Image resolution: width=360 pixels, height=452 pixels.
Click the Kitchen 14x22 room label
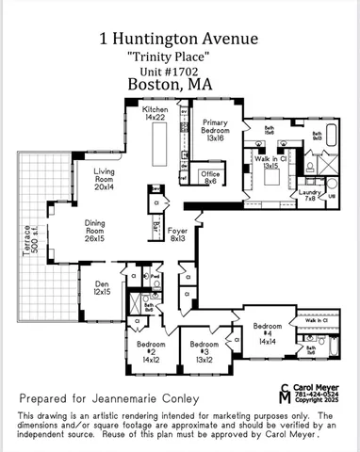click(155, 114)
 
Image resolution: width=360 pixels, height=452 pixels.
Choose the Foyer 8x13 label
click(178, 234)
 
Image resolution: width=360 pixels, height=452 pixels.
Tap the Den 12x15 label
click(101, 289)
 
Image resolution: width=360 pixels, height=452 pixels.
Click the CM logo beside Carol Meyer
click(286, 393)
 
